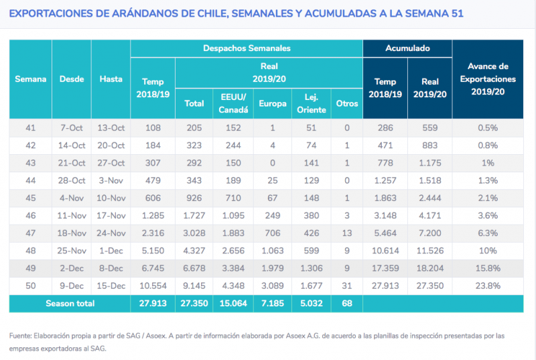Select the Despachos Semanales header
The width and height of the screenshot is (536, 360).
click(247, 48)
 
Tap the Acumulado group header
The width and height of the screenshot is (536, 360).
click(407, 48)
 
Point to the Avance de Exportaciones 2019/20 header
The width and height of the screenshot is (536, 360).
click(488, 79)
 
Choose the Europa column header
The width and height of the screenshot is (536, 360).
click(273, 104)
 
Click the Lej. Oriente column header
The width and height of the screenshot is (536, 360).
click(311, 104)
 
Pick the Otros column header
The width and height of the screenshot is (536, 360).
click(347, 104)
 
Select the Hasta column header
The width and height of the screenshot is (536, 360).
click(111, 79)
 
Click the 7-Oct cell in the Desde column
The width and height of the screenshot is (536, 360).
click(72, 128)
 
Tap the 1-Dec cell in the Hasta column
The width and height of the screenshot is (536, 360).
click(111, 251)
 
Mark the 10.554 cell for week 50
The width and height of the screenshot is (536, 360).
click(153, 286)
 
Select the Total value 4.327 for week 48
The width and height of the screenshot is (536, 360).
click(194, 251)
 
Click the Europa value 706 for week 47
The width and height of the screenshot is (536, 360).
click(273, 233)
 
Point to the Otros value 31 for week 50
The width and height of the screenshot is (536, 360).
click(347, 286)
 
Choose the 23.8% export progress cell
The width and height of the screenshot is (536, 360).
click(488, 286)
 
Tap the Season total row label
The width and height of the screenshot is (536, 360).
click(70, 304)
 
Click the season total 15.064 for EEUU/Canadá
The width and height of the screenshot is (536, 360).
click(233, 304)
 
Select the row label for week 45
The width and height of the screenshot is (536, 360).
click(30, 198)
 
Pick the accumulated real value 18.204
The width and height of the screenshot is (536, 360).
click(429, 268)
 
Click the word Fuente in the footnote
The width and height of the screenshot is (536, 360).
click(20, 336)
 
